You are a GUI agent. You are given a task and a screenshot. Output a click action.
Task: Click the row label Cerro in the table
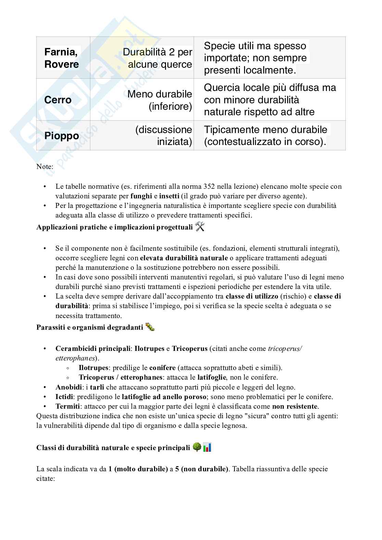58,100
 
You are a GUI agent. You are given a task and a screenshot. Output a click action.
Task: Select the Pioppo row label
62,136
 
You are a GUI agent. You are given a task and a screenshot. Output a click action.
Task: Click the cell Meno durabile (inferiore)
160,100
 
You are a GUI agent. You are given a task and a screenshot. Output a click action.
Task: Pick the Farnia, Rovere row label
62,58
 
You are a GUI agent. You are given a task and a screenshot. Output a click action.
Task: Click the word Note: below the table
45,167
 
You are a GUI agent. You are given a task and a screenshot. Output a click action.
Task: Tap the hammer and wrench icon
200,227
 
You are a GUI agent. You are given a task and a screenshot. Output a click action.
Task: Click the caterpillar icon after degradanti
150,327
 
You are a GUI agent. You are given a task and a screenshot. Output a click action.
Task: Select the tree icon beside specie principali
197,447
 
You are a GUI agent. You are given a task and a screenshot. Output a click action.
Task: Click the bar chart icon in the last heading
207,447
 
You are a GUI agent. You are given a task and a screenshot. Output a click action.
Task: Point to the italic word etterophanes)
77,358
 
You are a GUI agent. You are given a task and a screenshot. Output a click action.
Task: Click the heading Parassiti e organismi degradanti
89,327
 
